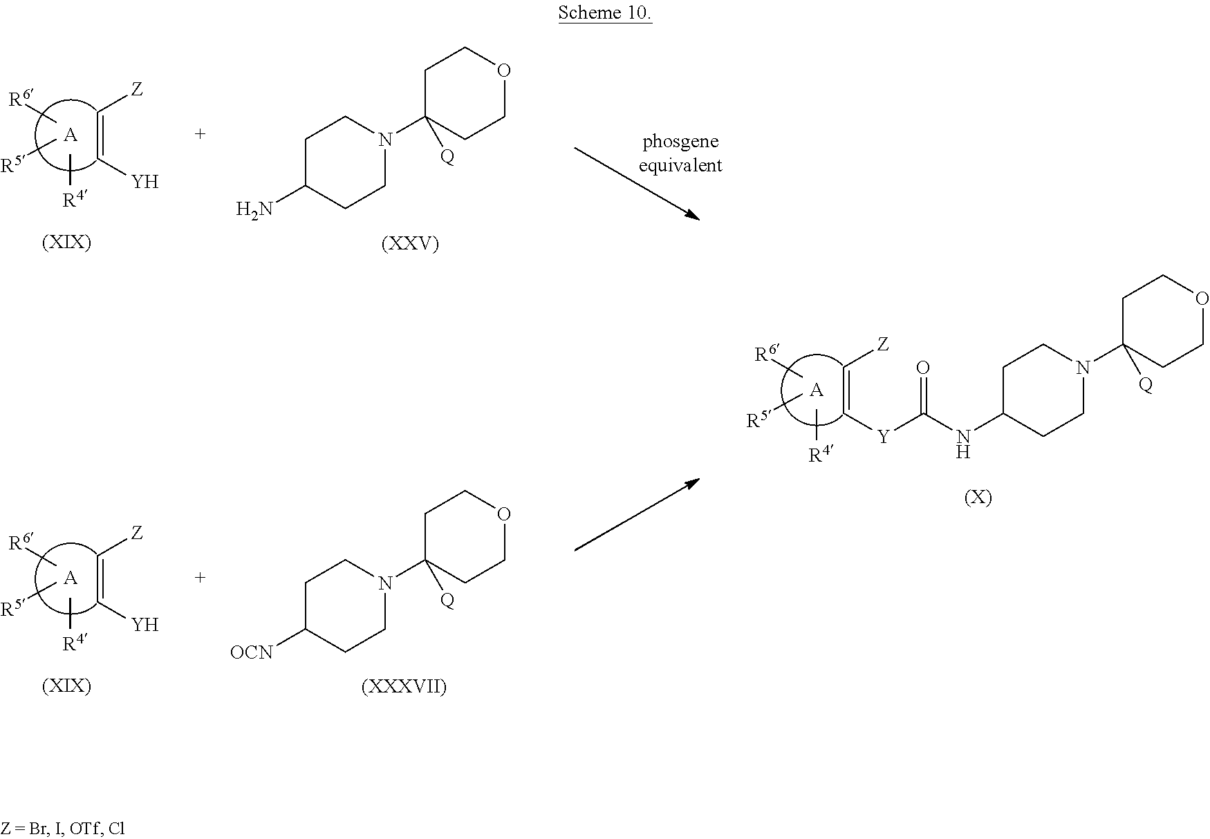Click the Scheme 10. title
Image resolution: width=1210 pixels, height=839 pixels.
coord(605,12)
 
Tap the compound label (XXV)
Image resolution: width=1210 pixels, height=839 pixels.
coord(410,244)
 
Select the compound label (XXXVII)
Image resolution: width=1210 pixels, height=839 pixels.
coord(404,687)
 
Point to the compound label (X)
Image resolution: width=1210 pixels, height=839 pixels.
coord(978,498)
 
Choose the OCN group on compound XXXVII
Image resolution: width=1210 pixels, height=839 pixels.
coord(252,652)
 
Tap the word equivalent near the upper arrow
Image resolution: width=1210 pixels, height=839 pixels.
coord(680,166)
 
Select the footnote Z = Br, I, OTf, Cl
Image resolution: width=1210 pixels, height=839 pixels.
coord(62,829)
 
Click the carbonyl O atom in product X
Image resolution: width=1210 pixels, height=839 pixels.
coord(922,368)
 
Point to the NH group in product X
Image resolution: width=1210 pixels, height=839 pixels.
coord(963,443)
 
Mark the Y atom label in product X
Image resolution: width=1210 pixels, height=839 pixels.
coord(883,437)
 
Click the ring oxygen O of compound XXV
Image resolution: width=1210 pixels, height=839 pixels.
coord(504,70)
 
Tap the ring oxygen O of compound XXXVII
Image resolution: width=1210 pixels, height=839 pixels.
coord(504,513)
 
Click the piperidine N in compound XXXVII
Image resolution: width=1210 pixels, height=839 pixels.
coord(386,583)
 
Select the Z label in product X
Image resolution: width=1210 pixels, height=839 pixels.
coord(883,343)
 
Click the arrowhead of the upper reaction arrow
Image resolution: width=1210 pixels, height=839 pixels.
coord(692,215)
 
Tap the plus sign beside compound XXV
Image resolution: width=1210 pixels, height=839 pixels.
coord(200,133)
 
